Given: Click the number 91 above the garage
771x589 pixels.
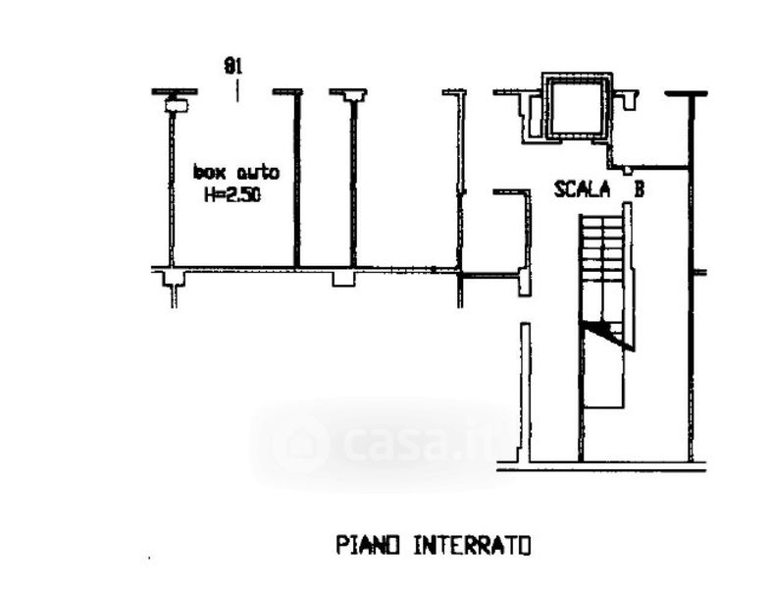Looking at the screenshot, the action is tap(233, 67).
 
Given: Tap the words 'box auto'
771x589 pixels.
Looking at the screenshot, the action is tap(235, 173).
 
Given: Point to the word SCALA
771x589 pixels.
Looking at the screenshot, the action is tap(582, 189).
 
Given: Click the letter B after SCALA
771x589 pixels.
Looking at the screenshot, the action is tap(638, 190).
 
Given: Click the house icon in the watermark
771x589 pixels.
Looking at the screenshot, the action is tap(299, 443).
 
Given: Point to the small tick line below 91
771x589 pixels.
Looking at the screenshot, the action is tap(236, 92).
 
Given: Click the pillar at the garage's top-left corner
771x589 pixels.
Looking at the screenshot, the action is tap(176, 102).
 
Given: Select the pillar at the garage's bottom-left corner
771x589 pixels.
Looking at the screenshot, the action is tap(174, 281).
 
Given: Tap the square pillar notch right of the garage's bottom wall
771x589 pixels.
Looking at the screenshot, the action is tap(342, 278).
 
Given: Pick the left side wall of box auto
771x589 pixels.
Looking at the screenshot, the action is tap(172, 187).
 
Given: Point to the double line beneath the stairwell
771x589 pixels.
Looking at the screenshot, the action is tap(600, 467).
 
